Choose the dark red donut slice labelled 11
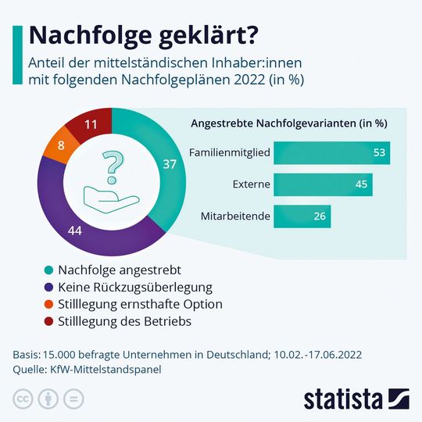tap(90, 124)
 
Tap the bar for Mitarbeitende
tap(302, 216)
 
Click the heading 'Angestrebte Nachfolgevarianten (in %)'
tap(289, 123)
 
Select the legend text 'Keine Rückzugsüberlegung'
tap(134, 287)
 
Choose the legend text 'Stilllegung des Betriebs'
tap(124, 320)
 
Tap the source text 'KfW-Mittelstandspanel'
tap(105, 369)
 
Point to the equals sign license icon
tap(73, 399)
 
